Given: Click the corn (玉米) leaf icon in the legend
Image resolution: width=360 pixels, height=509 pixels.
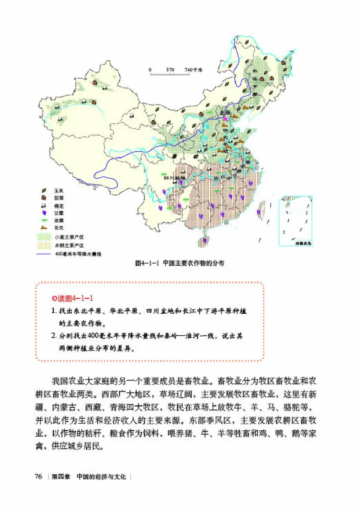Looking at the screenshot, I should [45, 191].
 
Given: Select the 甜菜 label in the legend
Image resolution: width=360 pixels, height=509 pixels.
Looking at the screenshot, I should [58, 198].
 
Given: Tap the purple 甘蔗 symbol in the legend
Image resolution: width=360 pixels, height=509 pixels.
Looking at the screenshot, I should [45, 213].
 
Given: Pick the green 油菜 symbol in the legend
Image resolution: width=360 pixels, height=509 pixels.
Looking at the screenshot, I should [45, 221].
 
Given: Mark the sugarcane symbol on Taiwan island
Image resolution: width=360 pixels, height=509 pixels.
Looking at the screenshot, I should [260, 211].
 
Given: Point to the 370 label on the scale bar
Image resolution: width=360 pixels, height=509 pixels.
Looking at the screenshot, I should [170, 70].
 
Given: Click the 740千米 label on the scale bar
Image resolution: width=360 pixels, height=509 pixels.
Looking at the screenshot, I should [194, 70].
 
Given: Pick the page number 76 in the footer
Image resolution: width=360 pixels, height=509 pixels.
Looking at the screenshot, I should [39, 477].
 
